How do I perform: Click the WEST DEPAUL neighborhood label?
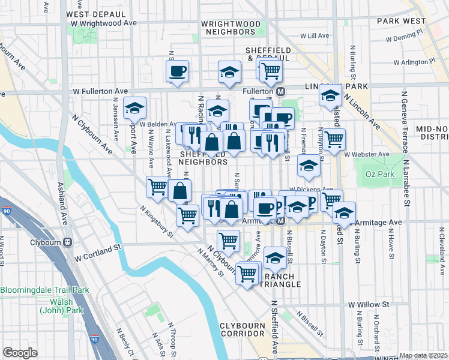(91, 14)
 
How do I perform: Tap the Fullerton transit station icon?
(280, 91)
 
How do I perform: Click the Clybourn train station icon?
(68, 243)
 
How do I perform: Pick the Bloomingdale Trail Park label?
(44, 290)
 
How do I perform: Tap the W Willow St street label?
(368, 305)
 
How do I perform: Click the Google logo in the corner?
(20, 352)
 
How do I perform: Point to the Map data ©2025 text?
(423, 355)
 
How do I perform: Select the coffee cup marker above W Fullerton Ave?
(177, 71)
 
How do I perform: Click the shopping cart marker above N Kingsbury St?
(157, 187)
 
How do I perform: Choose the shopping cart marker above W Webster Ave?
(334, 139)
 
